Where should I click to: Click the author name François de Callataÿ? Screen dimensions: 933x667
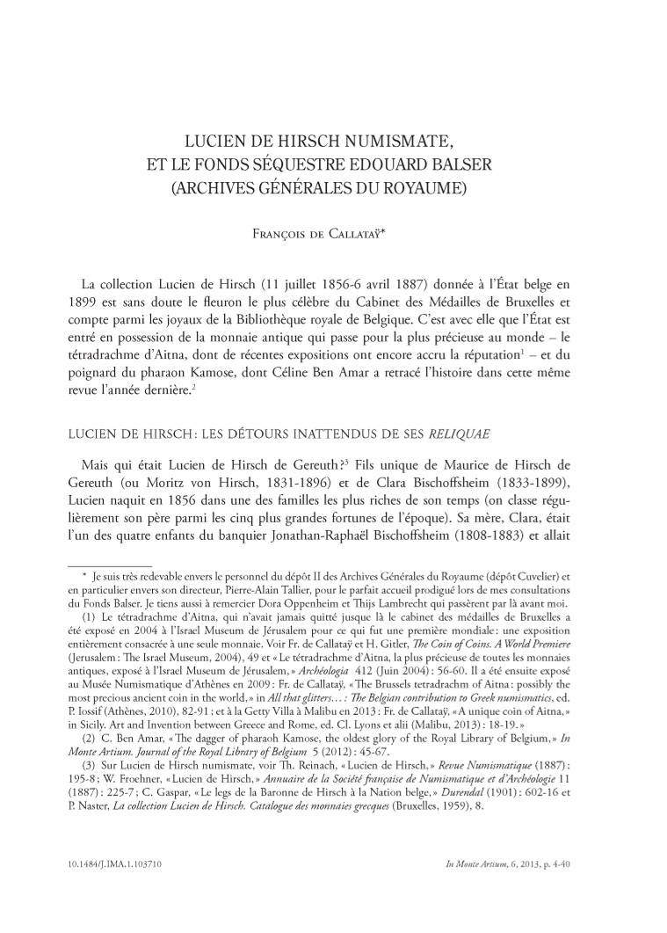coord(333,234)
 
